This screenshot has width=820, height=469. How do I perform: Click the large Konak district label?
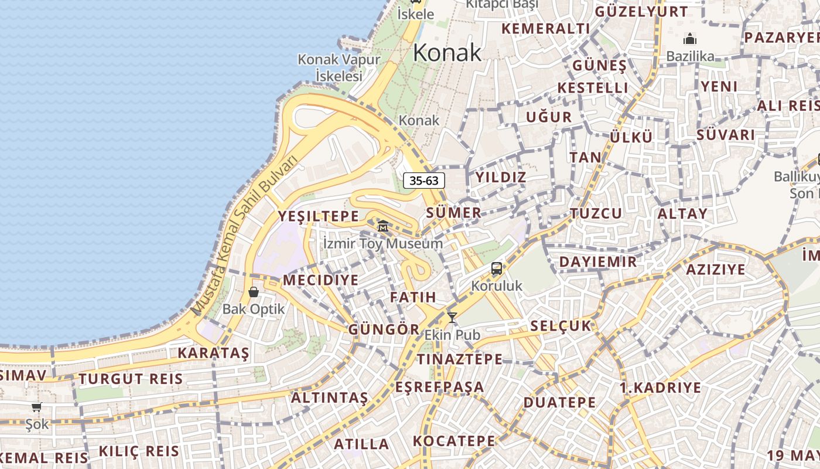click(x=447, y=53)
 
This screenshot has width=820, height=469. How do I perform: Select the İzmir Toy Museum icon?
click(x=383, y=226)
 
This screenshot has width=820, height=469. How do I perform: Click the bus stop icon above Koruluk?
click(x=497, y=269)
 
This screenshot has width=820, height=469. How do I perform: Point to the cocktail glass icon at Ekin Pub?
click(x=452, y=318)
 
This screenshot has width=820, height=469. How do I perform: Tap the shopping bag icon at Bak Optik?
click(x=254, y=292)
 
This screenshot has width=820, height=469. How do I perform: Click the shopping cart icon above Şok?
click(x=37, y=407)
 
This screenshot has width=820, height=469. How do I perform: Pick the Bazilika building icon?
click(x=690, y=39)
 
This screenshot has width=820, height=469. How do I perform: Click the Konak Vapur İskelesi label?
click(x=339, y=67)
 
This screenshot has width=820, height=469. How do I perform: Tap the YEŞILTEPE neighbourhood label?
click(x=318, y=216)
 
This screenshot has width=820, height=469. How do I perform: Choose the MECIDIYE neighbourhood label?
click(x=320, y=280)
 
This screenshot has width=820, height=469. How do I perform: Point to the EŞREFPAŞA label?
click(x=440, y=387)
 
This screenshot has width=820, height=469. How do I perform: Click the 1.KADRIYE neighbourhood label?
click(x=660, y=388)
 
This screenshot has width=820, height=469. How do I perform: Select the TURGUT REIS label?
click(x=131, y=379)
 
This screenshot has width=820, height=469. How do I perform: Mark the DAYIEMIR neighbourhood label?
click(x=598, y=261)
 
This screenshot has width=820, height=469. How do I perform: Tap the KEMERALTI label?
click(x=545, y=29)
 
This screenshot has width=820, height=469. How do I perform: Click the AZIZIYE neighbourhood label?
click(x=715, y=270)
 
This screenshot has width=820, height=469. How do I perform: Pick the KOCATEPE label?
click(x=454, y=441)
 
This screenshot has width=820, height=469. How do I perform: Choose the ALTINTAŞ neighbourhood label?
click(x=330, y=398)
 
